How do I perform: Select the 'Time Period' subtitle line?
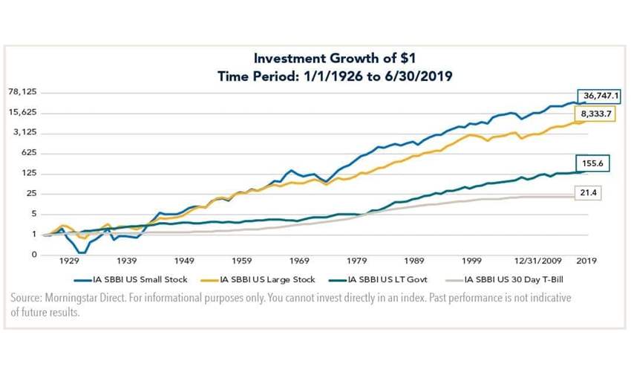317,75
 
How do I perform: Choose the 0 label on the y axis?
33,255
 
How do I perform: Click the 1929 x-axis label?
69,262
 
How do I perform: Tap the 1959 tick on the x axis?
241,262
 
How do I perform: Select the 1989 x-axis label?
413,262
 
